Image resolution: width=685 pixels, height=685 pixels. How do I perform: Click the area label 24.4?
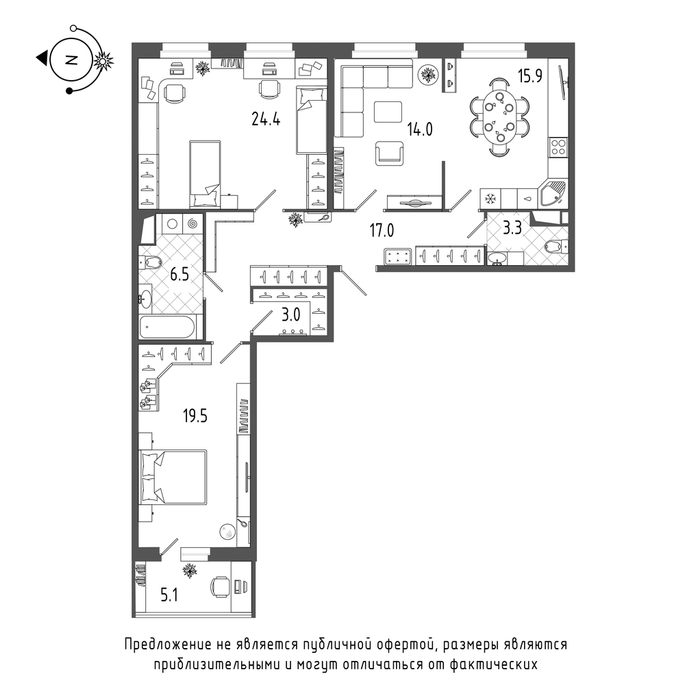tap(266, 119)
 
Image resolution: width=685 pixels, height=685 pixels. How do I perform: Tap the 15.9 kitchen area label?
tap(530, 76)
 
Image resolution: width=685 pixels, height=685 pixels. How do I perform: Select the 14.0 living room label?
tap(420, 129)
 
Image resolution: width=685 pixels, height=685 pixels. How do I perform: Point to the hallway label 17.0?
tap(382, 230)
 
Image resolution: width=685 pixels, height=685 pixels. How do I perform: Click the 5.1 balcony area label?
tap(169, 595)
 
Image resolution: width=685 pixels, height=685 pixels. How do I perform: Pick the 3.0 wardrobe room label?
tap(290, 314)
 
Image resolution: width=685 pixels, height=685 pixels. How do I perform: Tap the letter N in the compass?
tap(71, 60)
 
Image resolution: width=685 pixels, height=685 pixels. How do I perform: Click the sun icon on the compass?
tap(103, 61)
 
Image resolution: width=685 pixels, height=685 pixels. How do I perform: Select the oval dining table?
tap(499, 116)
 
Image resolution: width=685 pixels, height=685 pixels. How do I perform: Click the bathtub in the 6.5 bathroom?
tap(167, 327)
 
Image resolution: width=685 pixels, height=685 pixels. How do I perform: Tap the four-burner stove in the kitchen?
tap(558, 147)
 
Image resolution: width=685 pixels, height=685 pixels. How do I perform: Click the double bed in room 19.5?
tap(173, 477)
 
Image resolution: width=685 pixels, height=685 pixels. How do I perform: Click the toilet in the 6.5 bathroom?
tap(151, 263)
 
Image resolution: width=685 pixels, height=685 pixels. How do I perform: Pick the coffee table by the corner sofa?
tap(388, 112)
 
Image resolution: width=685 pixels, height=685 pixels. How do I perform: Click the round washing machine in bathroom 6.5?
tap(173, 224)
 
